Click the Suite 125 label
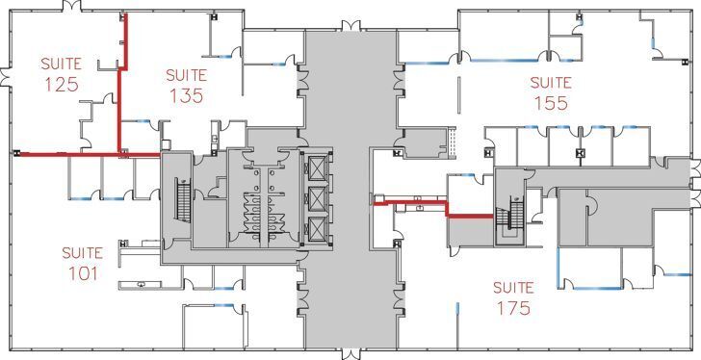(61, 74)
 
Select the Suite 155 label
(550, 92)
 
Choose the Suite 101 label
(82, 263)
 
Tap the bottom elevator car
(316, 229)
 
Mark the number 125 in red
(61, 85)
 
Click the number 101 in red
(82, 273)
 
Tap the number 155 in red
(550, 103)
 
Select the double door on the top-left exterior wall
(67, 7)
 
